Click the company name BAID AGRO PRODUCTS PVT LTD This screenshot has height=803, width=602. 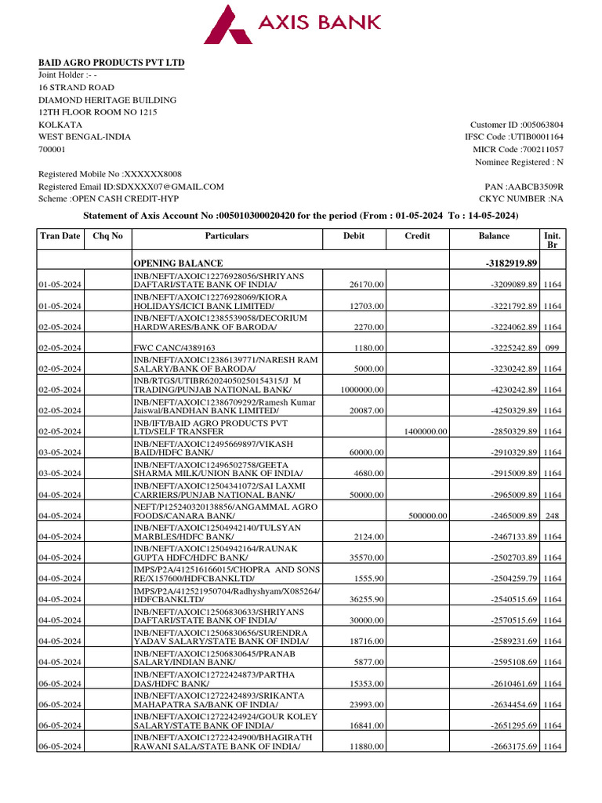111,63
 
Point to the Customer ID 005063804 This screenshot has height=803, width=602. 516,125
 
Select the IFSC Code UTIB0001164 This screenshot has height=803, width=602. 513,137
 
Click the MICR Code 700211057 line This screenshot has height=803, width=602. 517,149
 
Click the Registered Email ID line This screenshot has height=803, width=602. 131,187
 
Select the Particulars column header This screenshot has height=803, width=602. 227,235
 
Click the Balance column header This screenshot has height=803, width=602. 494,235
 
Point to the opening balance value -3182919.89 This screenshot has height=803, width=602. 512,263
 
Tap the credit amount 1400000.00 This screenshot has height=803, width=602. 426,431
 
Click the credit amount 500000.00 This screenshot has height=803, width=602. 428,516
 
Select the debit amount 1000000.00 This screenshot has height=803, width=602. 362,390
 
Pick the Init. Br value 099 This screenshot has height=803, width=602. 552,347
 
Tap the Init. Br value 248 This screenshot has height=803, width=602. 552,516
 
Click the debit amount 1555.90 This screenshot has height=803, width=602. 368,579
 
